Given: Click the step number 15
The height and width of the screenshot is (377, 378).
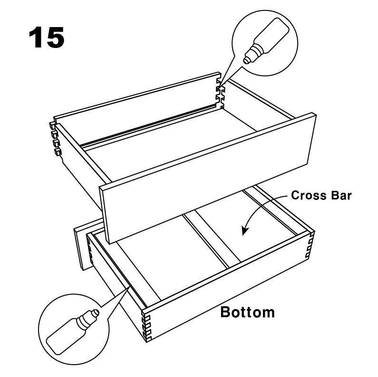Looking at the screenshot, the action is tap(46, 38).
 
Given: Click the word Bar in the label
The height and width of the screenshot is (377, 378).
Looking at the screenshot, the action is tap(341, 195).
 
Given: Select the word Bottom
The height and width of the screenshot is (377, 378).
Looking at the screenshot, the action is tap(248, 312).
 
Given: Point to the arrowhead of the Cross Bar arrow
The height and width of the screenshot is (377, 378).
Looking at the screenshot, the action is tap(244, 231).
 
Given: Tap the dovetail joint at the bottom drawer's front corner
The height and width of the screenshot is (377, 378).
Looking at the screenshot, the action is tap(146, 325).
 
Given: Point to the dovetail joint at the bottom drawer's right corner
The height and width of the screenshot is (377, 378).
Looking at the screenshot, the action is tap(310, 245).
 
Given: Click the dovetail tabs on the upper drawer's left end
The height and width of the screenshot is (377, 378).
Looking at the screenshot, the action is tap(55, 139).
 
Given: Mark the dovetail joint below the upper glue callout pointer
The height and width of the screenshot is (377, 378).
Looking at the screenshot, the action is tap(220, 93).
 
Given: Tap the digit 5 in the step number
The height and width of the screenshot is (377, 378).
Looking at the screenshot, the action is tap(55, 38).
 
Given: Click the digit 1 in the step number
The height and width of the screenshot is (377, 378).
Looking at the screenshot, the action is tap(36, 38).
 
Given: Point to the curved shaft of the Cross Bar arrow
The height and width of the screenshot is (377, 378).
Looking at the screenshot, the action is tap(261, 205).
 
